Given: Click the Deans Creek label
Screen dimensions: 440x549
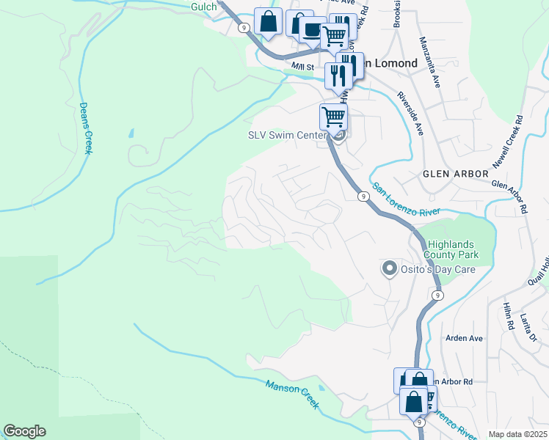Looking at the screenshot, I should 86,128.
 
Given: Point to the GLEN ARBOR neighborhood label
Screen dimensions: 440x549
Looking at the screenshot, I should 455,174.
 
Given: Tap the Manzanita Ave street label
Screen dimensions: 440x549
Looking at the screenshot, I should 430,63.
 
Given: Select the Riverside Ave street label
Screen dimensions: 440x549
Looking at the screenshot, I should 410,114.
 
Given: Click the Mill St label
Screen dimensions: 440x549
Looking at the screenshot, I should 302,67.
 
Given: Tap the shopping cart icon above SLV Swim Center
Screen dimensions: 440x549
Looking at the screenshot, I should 333,116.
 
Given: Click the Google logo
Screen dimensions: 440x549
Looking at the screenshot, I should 24,431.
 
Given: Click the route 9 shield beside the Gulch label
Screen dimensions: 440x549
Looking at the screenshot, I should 244,27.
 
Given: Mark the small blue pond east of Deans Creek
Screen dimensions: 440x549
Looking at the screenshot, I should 131,134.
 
